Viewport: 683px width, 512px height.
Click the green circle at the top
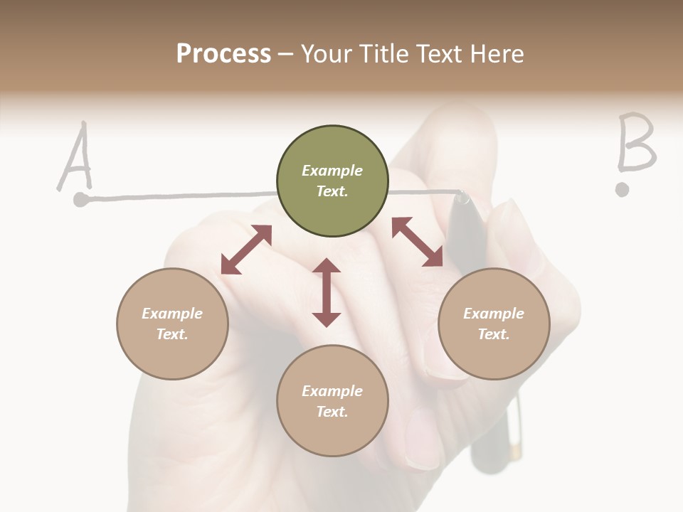pyautogui.click(x=332, y=181)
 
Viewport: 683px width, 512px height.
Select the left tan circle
pyautogui.click(x=172, y=324)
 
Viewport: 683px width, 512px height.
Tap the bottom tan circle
pyautogui.click(x=332, y=401)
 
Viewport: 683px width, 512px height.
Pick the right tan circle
pyautogui.click(x=494, y=324)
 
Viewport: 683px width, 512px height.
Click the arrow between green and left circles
pyautogui.click(x=246, y=249)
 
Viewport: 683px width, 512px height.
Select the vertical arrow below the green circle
pyautogui.click(x=327, y=292)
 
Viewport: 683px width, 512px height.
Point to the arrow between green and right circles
pyautogui.click(x=417, y=242)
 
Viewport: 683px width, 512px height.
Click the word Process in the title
pyautogui.click(x=223, y=53)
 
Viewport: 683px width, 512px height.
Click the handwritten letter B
pyautogui.click(x=635, y=143)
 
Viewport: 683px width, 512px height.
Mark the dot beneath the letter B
pyautogui.click(x=623, y=189)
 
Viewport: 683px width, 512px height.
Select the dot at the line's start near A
pyautogui.click(x=81, y=200)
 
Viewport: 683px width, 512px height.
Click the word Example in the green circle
pyautogui.click(x=332, y=171)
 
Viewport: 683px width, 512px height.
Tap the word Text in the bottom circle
pyautogui.click(x=332, y=412)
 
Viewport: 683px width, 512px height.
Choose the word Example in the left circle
pyautogui.click(x=172, y=314)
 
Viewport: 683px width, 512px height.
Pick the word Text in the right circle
pyautogui.click(x=494, y=334)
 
